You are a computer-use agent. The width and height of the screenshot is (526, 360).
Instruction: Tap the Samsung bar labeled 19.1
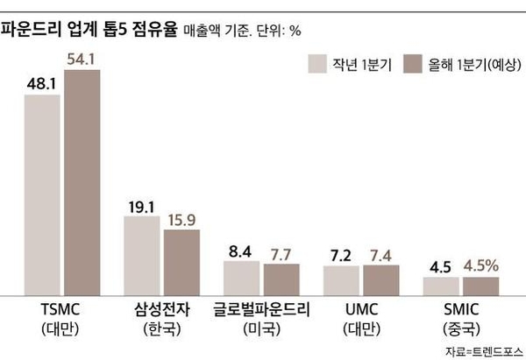[141, 255]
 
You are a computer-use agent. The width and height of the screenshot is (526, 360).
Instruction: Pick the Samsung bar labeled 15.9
[181, 261]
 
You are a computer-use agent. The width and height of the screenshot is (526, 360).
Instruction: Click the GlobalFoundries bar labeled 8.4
[241, 277]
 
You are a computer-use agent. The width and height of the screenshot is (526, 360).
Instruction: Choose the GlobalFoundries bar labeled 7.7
[281, 279]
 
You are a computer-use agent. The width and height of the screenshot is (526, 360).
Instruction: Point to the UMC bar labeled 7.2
[341, 279]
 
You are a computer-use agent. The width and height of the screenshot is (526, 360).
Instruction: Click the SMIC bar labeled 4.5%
[480, 286]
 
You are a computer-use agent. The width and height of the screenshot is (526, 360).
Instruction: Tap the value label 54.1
[82, 59]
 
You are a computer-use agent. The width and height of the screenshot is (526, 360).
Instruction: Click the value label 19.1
[142, 207]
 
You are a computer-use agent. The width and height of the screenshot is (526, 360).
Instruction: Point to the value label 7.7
[281, 254]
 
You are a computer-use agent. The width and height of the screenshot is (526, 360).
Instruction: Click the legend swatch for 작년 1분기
[317, 64]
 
